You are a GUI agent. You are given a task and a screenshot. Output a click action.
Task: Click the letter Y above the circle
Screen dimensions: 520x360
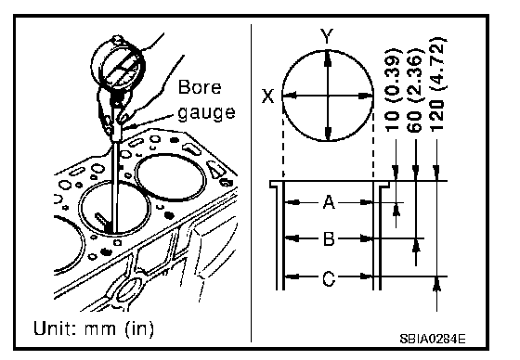point(327,36)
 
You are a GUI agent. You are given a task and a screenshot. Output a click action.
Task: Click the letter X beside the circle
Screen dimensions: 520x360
point(268,96)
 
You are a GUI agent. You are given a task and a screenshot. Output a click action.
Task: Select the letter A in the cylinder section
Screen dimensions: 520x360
point(329,202)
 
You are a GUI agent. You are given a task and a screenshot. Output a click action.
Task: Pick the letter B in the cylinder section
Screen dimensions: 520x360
point(329,238)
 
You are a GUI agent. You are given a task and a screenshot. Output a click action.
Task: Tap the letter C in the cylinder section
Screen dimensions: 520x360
point(329,277)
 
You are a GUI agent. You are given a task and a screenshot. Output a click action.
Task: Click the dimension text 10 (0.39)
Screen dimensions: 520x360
point(394,89)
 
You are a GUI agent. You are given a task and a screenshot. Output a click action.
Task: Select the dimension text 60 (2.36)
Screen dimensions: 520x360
point(415,89)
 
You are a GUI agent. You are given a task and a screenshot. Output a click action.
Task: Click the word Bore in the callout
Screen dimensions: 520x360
point(200,87)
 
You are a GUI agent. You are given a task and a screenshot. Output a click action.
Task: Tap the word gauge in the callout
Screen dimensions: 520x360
point(206,112)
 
